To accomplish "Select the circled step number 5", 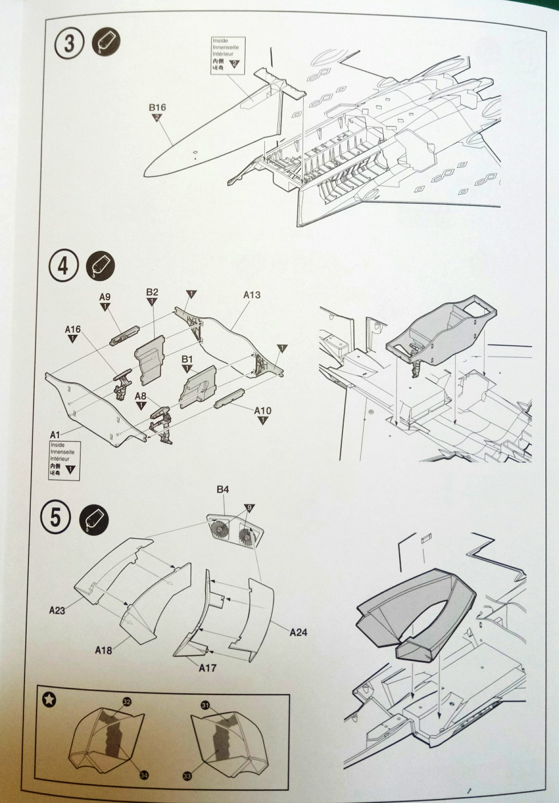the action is pyautogui.click(x=56, y=519).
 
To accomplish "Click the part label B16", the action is pyautogui.click(x=157, y=107).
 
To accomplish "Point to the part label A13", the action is pyautogui.click(x=252, y=295).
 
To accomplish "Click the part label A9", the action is pyautogui.click(x=104, y=297).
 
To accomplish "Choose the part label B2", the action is pyautogui.click(x=152, y=292).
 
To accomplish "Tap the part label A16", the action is pyautogui.click(x=73, y=329).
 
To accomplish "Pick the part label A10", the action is pyautogui.click(x=263, y=411).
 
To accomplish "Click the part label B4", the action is pyautogui.click(x=223, y=490).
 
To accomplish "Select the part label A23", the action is pyautogui.click(x=57, y=610).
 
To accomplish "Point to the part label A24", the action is pyautogui.click(x=299, y=632).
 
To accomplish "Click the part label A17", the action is pyautogui.click(x=207, y=667).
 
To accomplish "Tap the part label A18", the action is pyautogui.click(x=103, y=649).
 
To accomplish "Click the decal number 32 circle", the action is pyautogui.click(x=127, y=701).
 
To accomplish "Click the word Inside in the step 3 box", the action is pyautogui.click(x=220, y=41).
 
